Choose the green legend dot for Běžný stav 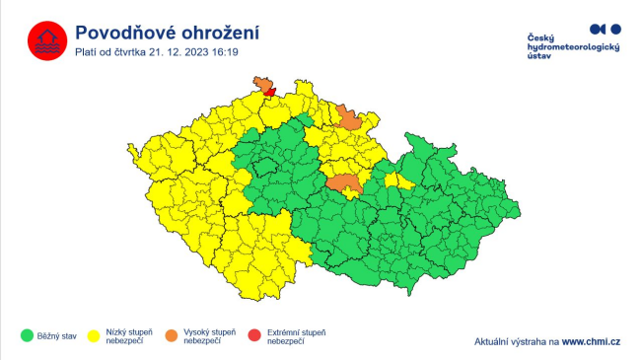27,335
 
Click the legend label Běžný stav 56,335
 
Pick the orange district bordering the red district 262,83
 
